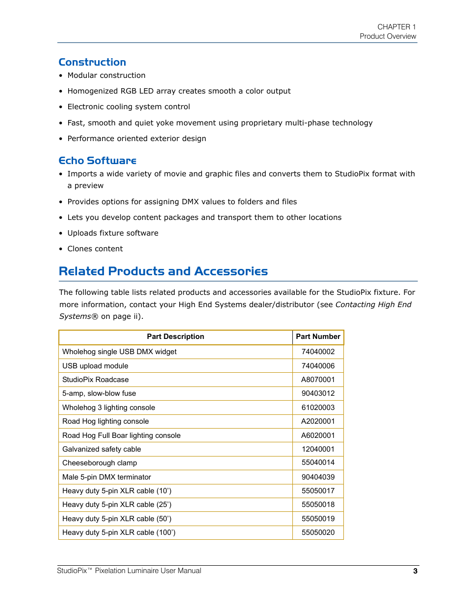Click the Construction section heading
tap(92, 62)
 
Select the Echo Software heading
tap(97, 161)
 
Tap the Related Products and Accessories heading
tap(163, 271)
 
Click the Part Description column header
tap(175, 337)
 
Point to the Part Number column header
tap(318, 337)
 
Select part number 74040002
tap(318, 352)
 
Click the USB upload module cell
tap(95, 366)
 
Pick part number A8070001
tap(318, 380)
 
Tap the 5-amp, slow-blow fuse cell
tap(99, 393)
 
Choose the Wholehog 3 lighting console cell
tap(108, 408)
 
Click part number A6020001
tap(318, 435)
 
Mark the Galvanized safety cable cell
tap(102, 449)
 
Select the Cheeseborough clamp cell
tap(100, 463)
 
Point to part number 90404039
tap(318, 477)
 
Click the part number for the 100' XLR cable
tap(318, 532)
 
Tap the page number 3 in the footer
tap(415, 571)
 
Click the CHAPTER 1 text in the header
tap(396, 27)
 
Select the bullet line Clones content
tap(95, 249)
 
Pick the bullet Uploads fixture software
tap(113, 233)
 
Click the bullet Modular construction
tap(106, 75)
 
